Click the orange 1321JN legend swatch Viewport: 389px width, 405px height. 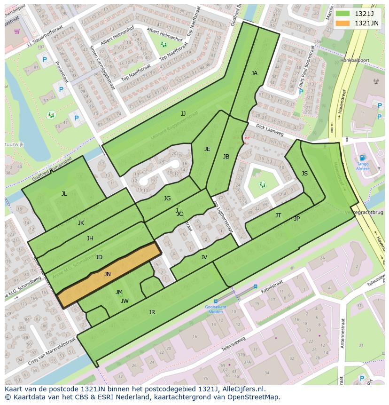(342, 23)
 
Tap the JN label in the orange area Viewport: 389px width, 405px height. (108, 274)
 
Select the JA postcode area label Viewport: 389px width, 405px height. (254, 73)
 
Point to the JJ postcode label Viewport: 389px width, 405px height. (183, 113)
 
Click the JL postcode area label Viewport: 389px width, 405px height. (64, 194)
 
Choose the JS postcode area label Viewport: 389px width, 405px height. (304, 174)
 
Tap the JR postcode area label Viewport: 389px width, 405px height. (152, 312)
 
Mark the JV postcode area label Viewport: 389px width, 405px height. (204, 257)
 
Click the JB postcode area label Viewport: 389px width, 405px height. (226, 157)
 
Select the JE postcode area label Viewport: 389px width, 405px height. (207, 149)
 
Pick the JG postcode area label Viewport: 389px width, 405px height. (167, 199)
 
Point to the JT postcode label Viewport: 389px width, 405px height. (278, 215)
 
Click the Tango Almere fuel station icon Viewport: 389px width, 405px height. (362, 158)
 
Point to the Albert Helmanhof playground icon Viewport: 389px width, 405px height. (163, 44)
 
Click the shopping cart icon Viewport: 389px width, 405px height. (17, 32)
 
